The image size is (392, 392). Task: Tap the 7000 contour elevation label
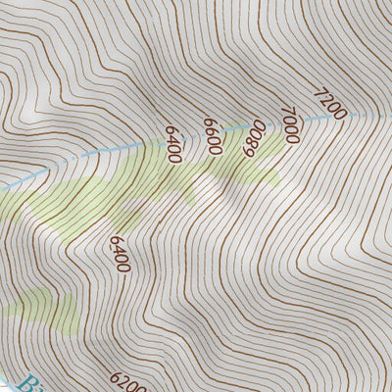[288, 124]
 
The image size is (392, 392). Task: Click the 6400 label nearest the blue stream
[174, 144]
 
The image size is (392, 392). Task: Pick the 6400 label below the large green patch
[121, 254]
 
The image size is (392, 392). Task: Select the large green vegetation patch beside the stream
[108, 196]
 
